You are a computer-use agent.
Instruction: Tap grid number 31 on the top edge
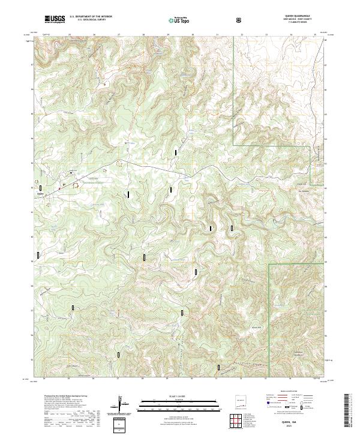point(217,34)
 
